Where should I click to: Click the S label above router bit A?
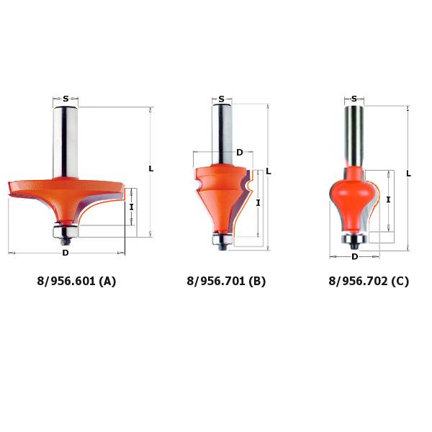click(66, 99)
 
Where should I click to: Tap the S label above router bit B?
click(222, 99)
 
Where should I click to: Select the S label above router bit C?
click(354, 99)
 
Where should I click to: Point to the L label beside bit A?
click(151, 168)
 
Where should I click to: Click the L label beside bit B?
click(269, 171)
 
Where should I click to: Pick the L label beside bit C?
click(408, 174)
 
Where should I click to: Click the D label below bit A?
click(66, 253)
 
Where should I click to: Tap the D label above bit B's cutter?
click(240, 153)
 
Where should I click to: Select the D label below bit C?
click(354, 257)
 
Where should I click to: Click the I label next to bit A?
click(132, 207)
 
